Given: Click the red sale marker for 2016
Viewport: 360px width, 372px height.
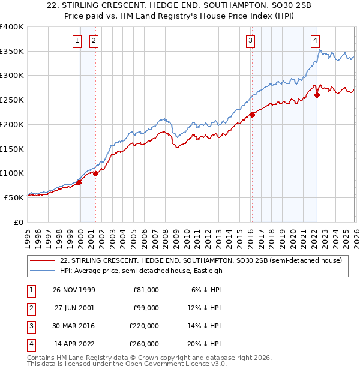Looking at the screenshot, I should pyautogui.click(x=252, y=115).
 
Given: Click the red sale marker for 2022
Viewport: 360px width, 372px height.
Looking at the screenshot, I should pyautogui.click(x=317, y=95).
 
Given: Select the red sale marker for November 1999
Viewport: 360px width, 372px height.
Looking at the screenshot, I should pyautogui.click(x=79, y=182).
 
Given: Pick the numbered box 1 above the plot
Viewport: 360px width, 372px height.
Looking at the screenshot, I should pyautogui.click(x=77, y=41).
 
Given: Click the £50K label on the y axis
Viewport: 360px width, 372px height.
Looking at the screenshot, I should pyautogui.click(x=14, y=197).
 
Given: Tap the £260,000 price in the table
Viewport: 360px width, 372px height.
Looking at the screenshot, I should pyautogui.click(x=145, y=344).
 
